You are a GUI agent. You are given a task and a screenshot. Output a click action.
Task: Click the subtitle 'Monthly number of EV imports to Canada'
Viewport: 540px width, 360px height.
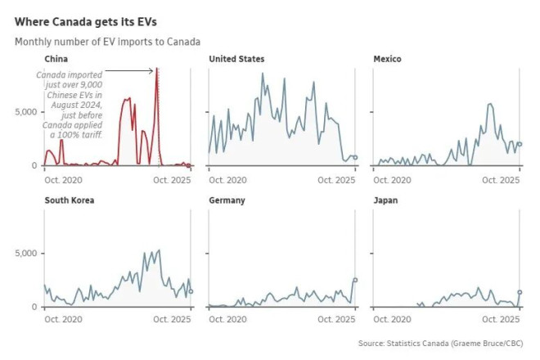(107, 41)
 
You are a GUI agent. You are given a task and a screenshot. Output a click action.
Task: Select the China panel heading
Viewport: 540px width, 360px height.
(56, 59)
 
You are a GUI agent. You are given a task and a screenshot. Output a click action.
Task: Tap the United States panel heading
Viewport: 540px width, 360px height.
(236, 59)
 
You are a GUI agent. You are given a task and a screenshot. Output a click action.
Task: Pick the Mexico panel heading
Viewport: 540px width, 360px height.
(387, 59)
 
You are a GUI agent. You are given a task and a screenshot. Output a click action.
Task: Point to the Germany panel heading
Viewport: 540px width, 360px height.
(227, 200)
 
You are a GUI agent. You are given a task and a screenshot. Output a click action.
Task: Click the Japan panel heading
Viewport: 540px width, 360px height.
(385, 200)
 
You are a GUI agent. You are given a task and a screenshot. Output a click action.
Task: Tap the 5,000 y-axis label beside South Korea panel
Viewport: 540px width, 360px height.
(28, 254)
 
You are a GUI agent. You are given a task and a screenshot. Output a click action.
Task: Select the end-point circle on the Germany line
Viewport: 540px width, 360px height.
(355, 280)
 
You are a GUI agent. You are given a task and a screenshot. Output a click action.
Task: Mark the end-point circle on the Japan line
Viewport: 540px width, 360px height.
(520, 292)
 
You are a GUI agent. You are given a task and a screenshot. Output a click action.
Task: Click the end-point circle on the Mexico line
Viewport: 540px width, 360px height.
(520, 144)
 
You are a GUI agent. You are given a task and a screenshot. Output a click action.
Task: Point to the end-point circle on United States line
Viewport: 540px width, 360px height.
(355, 157)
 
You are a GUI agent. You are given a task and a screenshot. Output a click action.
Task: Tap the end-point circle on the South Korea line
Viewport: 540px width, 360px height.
(191, 291)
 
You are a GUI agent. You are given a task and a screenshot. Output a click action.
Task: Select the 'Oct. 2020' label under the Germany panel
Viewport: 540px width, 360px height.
(228, 320)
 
